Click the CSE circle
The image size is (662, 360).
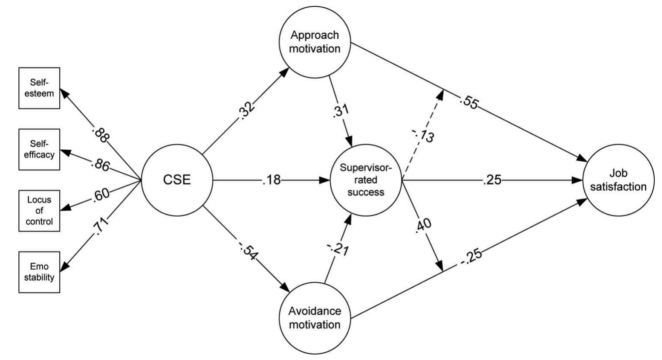177,180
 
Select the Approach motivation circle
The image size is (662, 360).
315,42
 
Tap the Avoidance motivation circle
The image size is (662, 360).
315,318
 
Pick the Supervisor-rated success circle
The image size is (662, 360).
366,180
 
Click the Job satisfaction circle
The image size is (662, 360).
618,180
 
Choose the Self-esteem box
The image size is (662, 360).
39,88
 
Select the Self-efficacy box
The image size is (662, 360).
39,149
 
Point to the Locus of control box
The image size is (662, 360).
39,211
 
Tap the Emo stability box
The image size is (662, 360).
39,272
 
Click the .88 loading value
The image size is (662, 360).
101,135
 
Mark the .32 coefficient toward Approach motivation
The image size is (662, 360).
247,110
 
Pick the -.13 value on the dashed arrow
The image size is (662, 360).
424,135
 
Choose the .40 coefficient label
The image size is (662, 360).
423,225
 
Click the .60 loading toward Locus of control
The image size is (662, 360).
100,195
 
